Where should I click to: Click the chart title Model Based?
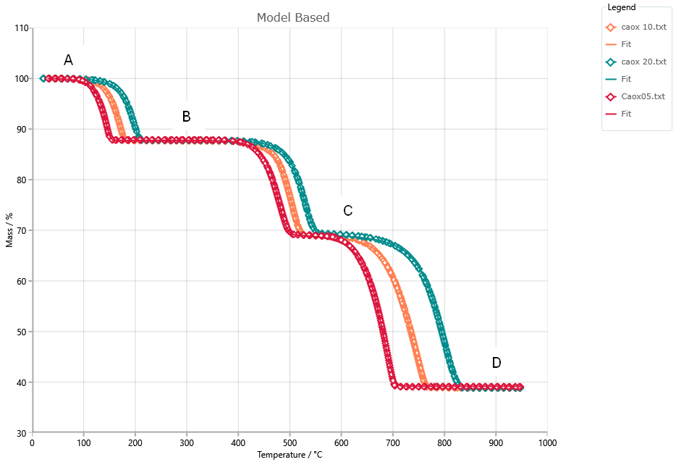[293, 17]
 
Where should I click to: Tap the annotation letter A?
[68, 60]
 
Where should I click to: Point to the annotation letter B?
[186, 116]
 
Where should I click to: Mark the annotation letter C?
[348, 211]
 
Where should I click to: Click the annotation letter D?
[497, 363]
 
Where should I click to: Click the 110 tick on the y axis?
[22, 28]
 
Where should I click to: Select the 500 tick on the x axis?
[290, 442]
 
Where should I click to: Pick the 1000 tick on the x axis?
[547, 442]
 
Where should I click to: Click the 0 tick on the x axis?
[33, 442]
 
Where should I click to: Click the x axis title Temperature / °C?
[290, 455]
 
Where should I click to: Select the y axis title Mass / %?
[10, 230]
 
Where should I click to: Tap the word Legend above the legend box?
[622, 7]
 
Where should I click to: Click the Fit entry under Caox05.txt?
[626, 114]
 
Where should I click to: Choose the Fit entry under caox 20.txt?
[626, 79]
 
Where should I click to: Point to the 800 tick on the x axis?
[444, 442]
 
